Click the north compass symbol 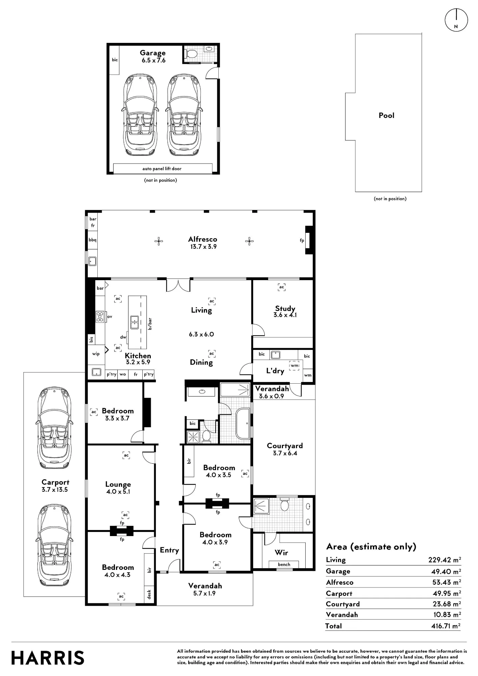click(x=456, y=20)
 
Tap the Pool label click(x=386, y=116)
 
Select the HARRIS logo click(x=48, y=658)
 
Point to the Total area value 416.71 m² click(x=446, y=626)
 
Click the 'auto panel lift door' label click(x=162, y=169)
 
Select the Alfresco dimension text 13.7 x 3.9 click(x=203, y=247)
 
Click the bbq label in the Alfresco click(x=93, y=240)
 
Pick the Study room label click(x=285, y=308)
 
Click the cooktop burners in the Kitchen click(x=100, y=316)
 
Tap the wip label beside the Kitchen click(x=96, y=354)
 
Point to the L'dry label click(x=275, y=371)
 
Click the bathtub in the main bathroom click(x=243, y=424)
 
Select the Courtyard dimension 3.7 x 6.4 click(x=285, y=454)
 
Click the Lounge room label click(x=118, y=484)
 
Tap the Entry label click(x=169, y=550)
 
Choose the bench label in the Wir click(x=284, y=564)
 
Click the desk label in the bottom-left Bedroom click(x=149, y=595)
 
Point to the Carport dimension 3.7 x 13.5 click(x=55, y=490)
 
